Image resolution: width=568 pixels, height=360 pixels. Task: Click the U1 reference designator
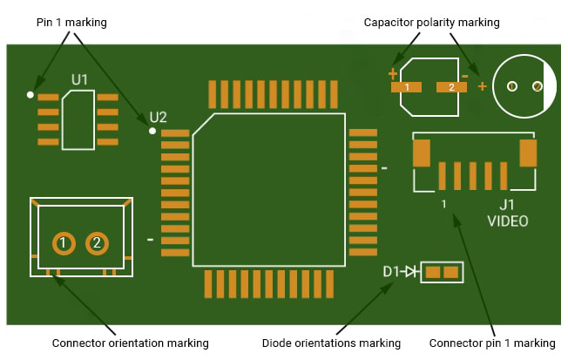[79, 80]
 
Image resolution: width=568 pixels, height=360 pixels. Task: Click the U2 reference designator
[158, 117]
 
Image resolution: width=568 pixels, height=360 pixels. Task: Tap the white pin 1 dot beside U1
[30, 93]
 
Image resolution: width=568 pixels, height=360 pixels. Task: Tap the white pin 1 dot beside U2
[152, 131]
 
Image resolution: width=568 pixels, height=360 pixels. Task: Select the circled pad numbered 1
[63, 242]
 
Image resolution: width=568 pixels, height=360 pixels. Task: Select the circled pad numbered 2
[98, 242]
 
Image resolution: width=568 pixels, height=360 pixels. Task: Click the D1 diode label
[391, 272]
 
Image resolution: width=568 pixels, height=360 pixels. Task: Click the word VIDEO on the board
[508, 221]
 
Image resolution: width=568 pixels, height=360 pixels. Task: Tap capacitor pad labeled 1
[407, 87]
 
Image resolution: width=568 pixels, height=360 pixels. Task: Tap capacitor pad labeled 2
[450, 87]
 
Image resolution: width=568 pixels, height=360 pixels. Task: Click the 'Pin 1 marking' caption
[71, 22]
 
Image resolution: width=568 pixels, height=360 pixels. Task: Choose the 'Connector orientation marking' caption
[131, 343]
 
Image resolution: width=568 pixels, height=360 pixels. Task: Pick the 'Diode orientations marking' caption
[331, 343]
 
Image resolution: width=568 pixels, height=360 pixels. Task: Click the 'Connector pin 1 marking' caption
[492, 343]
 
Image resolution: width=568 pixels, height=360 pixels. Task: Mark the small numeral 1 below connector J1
[444, 204]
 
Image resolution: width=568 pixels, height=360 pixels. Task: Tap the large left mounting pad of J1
[423, 153]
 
